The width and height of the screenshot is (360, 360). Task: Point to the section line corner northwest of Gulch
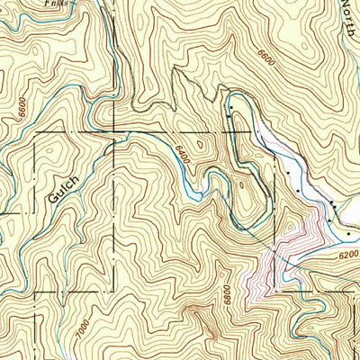(35, 132)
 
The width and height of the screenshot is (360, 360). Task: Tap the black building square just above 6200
(349, 234)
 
